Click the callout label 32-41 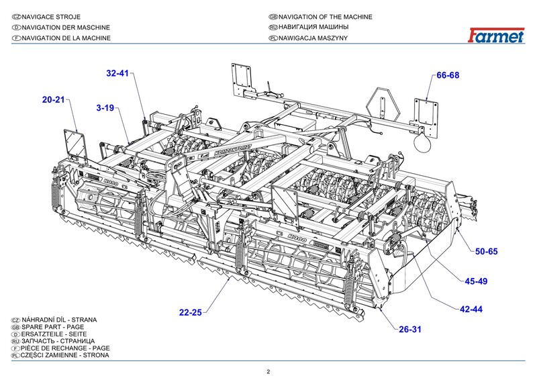coord(117,73)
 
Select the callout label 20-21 coord(54,100)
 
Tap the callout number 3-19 coord(105,108)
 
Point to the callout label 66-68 coord(448,75)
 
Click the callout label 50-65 coord(486,251)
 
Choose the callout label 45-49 coord(476,281)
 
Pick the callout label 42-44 coord(471,309)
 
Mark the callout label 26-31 coord(410,329)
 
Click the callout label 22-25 coord(191,312)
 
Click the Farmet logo coord(496,35)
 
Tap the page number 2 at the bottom coord(268,372)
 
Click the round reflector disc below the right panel coord(422,142)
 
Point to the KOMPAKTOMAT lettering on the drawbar coord(233,150)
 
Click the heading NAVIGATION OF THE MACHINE coord(326,17)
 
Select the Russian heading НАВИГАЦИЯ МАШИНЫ coord(313,27)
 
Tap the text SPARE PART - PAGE coord(53,327)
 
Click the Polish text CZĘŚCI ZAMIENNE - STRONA coord(64,355)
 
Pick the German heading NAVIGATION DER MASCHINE coord(66,28)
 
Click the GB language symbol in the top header coord(273,17)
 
